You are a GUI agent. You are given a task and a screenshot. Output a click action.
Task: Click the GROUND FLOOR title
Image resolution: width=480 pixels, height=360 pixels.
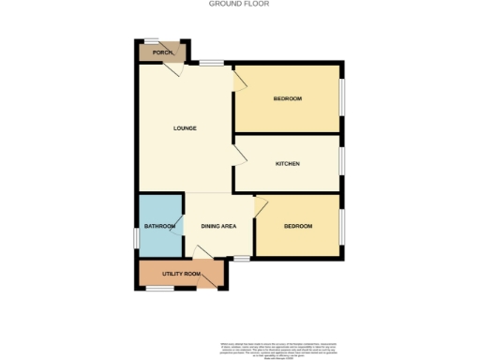tap(240, 4)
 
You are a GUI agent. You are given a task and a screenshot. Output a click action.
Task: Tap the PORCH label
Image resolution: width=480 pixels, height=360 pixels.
tap(152, 52)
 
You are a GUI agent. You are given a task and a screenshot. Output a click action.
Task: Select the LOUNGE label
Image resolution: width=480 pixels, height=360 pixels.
tap(185, 127)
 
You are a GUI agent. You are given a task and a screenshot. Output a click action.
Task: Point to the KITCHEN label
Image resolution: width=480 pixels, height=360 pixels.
tap(287, 164)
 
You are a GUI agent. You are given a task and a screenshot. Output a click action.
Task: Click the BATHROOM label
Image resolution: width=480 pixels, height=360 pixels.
tap(159, 227)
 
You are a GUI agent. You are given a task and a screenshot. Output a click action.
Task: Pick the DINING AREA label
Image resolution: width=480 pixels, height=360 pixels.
tap(217, 227)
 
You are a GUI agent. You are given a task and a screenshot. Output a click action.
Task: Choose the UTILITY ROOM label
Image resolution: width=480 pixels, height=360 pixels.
tap(181, 274)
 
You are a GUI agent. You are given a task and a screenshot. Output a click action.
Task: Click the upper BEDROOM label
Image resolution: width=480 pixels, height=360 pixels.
tap(288, 99)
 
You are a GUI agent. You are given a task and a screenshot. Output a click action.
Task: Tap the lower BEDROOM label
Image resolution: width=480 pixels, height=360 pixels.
tap(298, 227)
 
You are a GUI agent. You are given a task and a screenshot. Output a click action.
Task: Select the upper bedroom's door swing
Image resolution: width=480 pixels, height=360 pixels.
tap(239, 83)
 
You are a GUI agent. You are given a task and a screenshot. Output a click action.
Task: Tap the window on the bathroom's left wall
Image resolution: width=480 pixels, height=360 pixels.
tap(138, 239)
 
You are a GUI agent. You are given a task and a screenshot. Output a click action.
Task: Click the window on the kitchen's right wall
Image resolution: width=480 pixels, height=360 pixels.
tap(340, 160)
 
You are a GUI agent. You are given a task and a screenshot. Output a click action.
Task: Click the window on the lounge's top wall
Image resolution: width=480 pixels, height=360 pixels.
tap(210, 63)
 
